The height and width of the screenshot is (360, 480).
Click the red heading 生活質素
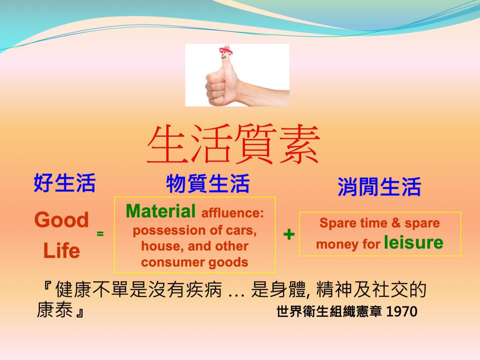click(233, 144)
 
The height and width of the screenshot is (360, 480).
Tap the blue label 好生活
click(65, 183)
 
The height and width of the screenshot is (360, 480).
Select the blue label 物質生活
click(208, 184)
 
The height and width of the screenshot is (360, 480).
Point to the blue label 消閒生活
click(379, 186)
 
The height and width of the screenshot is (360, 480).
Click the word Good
click(62, 220)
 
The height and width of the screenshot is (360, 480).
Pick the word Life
click(62, 250)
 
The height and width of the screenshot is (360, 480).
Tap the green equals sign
click(100, 234)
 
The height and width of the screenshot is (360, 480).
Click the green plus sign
click(289, 234)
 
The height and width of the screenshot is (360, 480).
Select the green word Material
click(161, 211)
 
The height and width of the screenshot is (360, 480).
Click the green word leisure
click(414, 242)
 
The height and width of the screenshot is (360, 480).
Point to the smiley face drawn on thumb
click(224, 55)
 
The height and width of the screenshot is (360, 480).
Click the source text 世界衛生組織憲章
click(329, 311)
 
